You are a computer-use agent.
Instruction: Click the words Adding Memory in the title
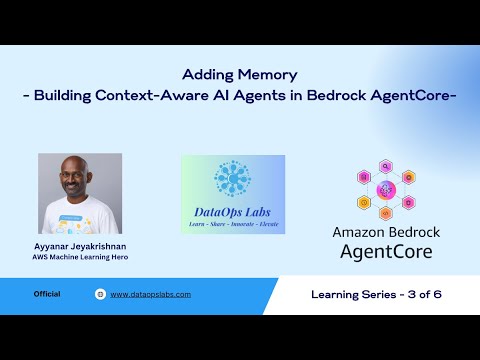point(240,74)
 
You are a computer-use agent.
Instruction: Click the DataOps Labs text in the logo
point(232,211)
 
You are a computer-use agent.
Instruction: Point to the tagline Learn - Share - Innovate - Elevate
point(233,226)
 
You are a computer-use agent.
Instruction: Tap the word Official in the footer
point(47,294)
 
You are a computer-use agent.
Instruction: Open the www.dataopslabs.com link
point(150,294)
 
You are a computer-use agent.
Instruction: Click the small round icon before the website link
point(100,294)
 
